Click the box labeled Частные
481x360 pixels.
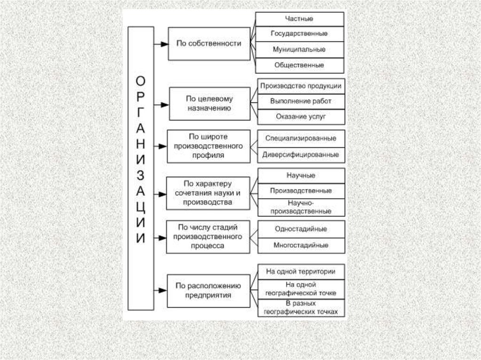coord(299,19)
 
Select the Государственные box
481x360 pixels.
coord(299,34)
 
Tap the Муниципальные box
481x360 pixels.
coord(299,49)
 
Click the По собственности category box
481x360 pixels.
coord(209,44)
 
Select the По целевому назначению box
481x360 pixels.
coord(209,103)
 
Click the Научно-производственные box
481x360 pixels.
coord(301,207)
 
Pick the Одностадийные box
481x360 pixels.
coord(301,229)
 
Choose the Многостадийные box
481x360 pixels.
coord(301,245)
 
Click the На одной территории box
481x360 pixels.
coord(301,271)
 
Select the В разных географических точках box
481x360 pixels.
coord(301,307)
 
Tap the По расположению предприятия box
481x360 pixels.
coord(209,291)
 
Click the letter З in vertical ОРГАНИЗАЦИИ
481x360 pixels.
coord(140,175)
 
